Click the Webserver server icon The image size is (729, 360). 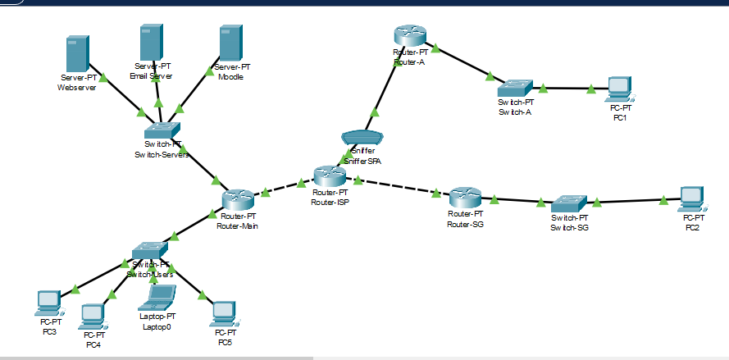[77, 54]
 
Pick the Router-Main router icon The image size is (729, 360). [239, 199]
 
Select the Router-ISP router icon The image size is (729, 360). [330, 175]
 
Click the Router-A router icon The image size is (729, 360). [409, 35]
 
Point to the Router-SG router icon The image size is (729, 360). [465, 198]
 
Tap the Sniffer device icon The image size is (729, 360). [361, 138]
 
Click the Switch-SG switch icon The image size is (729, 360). [568, 202]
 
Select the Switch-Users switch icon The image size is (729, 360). [150, 248]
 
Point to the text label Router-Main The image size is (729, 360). [239, 226]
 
